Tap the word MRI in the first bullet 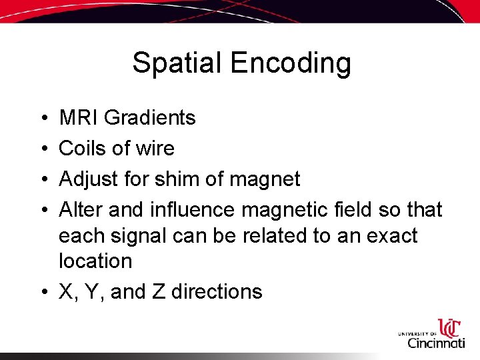pyautogui.click(x=79, y=118)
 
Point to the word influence pyautogui.click(x=193, y=210)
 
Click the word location pyautogui.click(x=95, y=261)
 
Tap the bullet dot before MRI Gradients pyautogui.click(x=43, y=119)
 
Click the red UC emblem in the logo pyautogui.click(x=449, y=328)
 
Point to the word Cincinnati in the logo pyautogui.click(x=436, y=343)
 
